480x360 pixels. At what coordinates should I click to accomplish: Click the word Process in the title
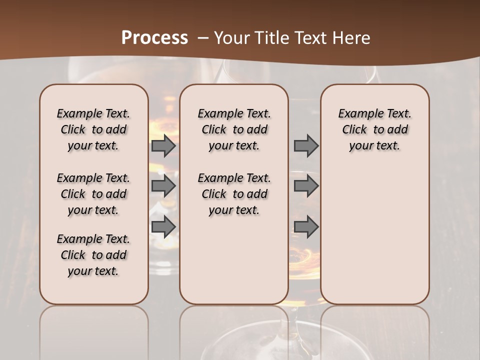(154, 37)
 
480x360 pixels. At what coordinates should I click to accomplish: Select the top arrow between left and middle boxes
(163, 145)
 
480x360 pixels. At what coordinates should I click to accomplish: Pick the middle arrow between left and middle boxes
(163, 186)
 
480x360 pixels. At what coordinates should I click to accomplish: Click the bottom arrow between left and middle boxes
(163, 226)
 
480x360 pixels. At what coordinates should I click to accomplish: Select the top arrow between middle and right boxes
(306, 145)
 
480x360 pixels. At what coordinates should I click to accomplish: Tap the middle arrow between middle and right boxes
(306, 186)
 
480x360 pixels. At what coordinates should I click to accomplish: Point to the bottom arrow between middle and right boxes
(306, 226)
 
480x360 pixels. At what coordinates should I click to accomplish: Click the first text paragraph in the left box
(93, 129)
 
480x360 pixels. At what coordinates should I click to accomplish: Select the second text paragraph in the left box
(93, 194)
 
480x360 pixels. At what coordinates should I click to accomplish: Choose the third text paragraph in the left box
(93, 255)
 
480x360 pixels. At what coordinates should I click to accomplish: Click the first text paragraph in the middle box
(234, 129)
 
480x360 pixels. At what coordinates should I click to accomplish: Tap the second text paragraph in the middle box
(234, 194)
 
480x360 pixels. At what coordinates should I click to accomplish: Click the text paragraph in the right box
(374, 129)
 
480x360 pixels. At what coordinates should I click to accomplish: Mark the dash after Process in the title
(202, 38)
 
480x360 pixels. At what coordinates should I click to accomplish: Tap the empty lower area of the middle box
(234, 260)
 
